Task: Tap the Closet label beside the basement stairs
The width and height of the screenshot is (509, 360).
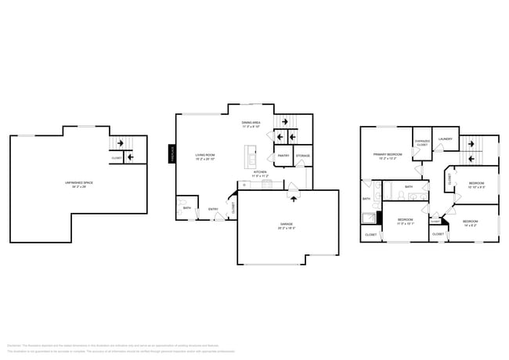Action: pyautogui.click(x=116, y=157)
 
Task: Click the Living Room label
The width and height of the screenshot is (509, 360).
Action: pyautogui.click(x=204, y=155)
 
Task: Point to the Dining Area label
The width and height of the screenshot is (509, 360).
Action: pyautogui.click(x=251, y=123)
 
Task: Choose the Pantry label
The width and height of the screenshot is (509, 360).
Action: pyautogui.click(x=283, y=155)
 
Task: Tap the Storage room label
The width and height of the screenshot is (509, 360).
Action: pyautogui.click(x=303, y=155)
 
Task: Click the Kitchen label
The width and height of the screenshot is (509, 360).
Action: pyautogui.click(x=260, y=171)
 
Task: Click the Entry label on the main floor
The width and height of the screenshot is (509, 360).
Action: pyautogui.click(x=213, y=209)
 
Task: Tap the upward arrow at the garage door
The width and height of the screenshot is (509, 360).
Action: pyautogui.click(x=292, y=186)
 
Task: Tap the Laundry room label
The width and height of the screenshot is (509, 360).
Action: pyautogui.click(x=445, y=139)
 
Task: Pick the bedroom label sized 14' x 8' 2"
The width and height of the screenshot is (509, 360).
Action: pyautogui.click(x=470, y=222)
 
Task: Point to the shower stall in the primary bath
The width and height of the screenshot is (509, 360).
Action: pyautogui.click(x=366, y=188)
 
